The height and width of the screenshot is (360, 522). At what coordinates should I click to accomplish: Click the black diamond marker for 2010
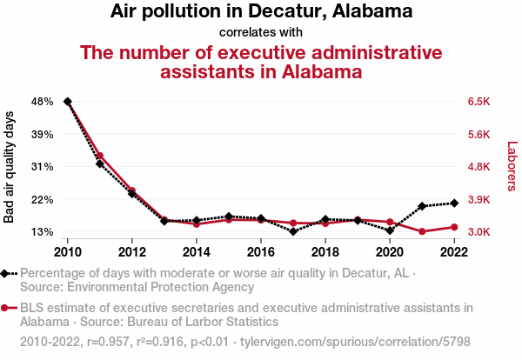(68, 102)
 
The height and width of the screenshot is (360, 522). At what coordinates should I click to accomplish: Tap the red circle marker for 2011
(100, 156)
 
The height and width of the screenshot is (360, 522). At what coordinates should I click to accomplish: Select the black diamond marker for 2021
(422, 206)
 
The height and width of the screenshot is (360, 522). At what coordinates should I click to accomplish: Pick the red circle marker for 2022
(454, 227)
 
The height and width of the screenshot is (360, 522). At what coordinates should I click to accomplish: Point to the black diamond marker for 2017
(293, 231)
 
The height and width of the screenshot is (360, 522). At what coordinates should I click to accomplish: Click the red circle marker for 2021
(422, 231)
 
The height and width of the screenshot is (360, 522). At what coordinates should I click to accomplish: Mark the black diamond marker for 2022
(454, 203)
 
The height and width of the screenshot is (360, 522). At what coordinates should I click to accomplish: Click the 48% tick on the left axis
(42, 102)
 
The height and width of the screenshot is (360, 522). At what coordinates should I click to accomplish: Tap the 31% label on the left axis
(42, 167)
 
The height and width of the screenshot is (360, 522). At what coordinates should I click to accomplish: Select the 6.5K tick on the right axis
(480, 102)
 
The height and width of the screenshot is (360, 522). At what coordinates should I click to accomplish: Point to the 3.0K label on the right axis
(480, 232)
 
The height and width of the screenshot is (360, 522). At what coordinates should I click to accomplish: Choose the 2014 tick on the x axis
(197, 252)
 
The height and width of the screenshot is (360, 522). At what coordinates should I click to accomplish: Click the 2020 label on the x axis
(390, 252)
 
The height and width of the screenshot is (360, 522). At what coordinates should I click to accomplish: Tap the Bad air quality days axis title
(10, 167)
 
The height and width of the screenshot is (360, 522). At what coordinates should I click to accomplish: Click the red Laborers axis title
(512, 167)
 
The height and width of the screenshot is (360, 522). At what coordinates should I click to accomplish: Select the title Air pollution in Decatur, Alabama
(261, 12)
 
